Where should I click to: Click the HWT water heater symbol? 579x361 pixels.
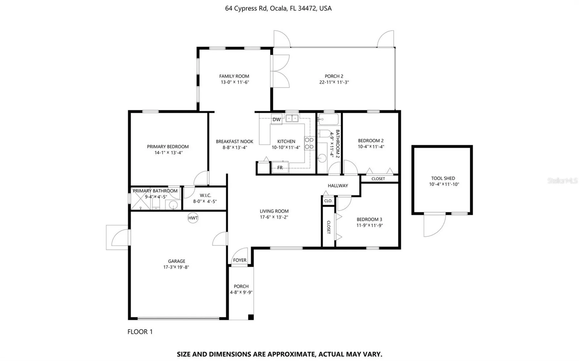click(x=193, y=218)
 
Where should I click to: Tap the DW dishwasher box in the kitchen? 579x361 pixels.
click(x=276, y=119)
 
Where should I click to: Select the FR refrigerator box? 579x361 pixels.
click(x=280, y=167)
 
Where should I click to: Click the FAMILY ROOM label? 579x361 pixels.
click(x=234, y=76)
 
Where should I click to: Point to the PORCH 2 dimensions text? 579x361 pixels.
click(x=334, y=82)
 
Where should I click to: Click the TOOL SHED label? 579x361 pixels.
click(x=443, y=178)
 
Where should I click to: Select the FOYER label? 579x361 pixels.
click(x=240, y=260)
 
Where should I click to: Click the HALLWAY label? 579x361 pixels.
click(x=338, y=185)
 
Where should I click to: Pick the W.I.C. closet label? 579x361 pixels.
click(x=205, y=195)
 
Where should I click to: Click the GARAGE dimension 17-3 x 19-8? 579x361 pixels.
click(x=176, y=267)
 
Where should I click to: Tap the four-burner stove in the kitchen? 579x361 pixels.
click(x=309, y=143)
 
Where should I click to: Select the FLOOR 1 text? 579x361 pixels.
click(x=140, y=332)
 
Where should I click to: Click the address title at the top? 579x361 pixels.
click(x=278, y=8)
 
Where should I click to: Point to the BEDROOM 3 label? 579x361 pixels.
click(x=369, y=219)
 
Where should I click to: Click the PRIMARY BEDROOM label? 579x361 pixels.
click(x=168, y=147)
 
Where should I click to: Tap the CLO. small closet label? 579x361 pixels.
click(x=328, y=201)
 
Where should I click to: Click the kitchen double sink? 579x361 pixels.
click(x=292, y=118)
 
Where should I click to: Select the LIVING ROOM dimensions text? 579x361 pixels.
click(x=274, y=217)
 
